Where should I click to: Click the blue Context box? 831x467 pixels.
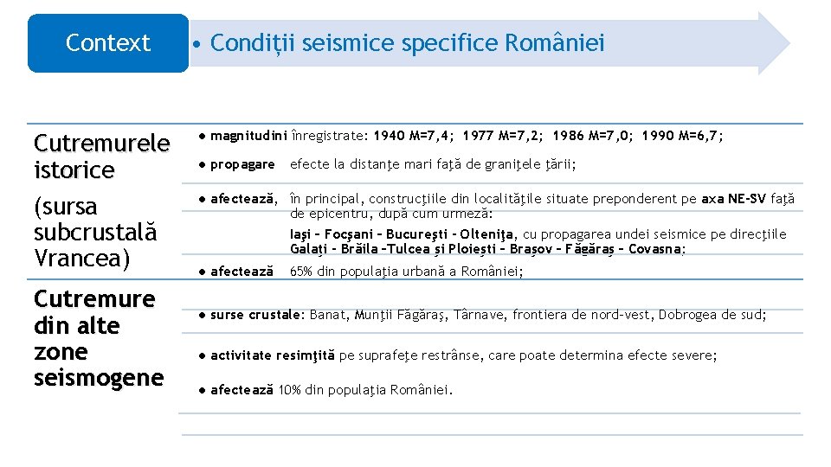[x=107, y=42]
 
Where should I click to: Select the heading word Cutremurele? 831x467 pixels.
[x=101, y=144]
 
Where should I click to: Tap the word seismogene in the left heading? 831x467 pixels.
[x=98, y=378]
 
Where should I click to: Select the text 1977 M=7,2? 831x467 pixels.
[x=503, y=136]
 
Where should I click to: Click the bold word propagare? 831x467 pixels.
[x=242, y=164]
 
